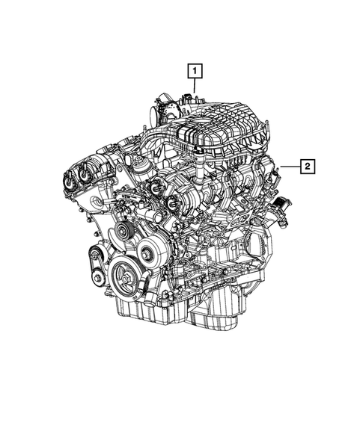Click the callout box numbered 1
pos(195,72)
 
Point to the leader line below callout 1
pos(195,87)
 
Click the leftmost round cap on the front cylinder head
pos(70,181)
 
